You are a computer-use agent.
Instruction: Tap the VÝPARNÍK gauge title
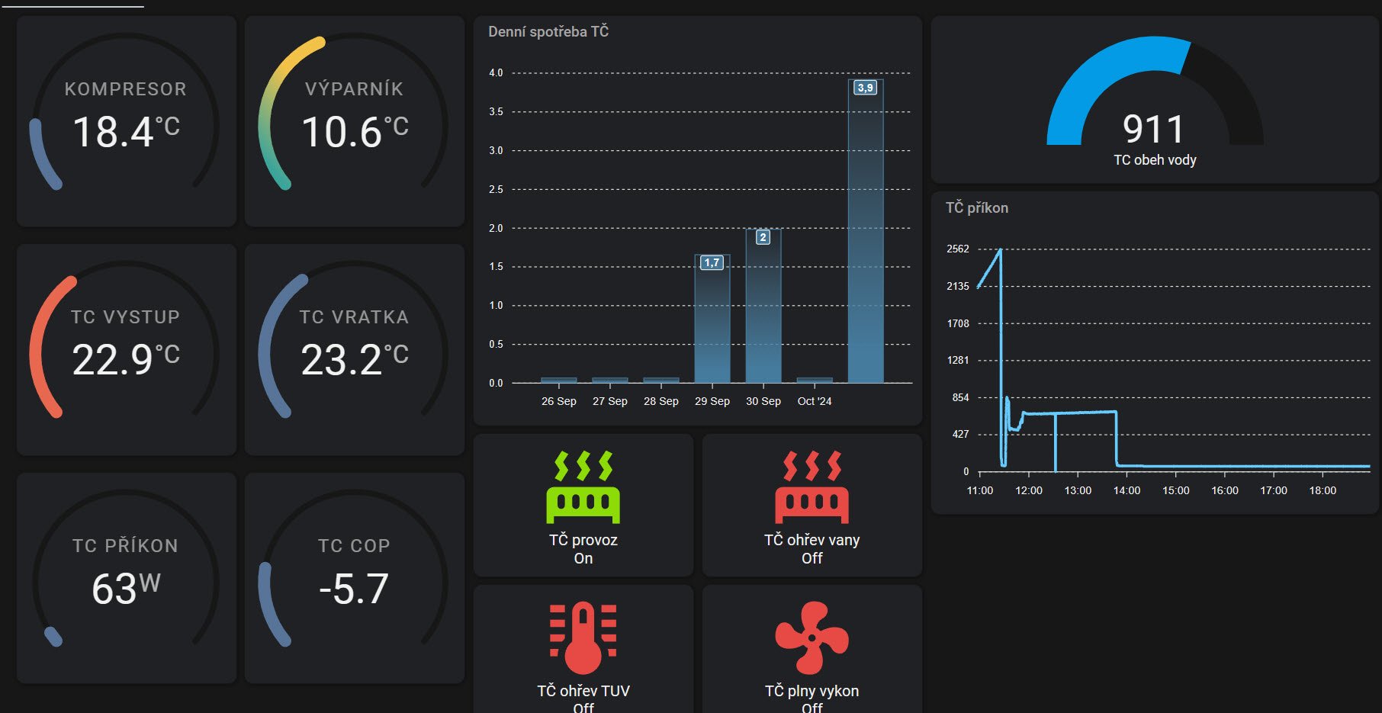[354, 89]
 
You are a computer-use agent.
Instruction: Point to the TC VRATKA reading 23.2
[341, 360]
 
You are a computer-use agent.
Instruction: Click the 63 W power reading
[114, 589]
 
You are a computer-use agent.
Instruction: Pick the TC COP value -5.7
[354, 589]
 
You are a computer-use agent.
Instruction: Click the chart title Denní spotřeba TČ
[548, 31]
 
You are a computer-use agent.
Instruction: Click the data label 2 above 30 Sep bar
[763, 237]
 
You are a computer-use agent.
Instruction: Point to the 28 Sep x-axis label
[661, 401]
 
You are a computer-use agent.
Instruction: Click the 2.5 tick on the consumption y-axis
[496, 189]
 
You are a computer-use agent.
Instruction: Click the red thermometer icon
[583, 638]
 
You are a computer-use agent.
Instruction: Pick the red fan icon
[812, 638]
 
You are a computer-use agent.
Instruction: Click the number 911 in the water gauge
[1153, 129]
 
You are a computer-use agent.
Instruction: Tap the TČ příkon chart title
[977, 207]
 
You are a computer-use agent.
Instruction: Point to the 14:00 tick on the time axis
[1126, 490]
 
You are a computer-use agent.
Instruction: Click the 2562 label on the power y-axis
[958, 249]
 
